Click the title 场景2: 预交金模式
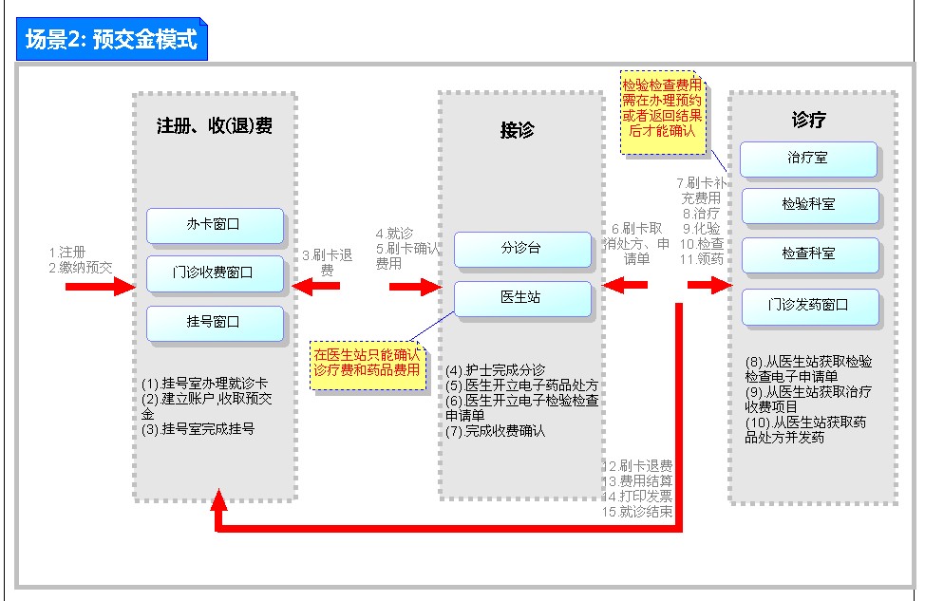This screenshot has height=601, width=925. point(110,40)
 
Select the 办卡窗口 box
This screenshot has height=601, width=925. point(215,226)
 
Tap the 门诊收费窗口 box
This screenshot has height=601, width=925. point(215,273)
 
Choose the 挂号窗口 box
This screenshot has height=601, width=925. point(215,323)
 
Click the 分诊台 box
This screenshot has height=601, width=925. point(521,249)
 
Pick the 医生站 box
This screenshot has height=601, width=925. point(521,298)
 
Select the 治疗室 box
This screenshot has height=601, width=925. point(808,159)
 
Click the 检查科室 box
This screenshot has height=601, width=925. point(808,254)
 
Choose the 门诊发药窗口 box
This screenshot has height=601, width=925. point(809,306)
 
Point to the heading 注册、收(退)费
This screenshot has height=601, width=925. point(215,125)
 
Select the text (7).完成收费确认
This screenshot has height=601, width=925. point(496,431)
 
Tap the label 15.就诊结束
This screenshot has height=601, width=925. point(639,512)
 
